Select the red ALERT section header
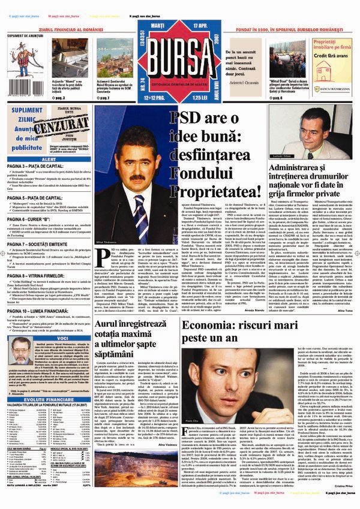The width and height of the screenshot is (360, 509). [46, 159]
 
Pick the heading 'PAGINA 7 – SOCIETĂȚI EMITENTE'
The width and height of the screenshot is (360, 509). [45, 245]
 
